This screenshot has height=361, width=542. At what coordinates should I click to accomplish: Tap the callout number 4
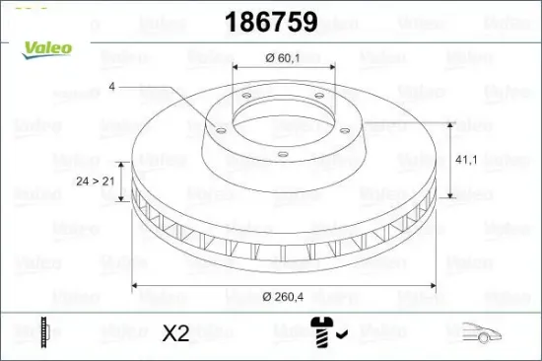[x=112, y=88]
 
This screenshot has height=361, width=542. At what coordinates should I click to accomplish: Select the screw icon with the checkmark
[x=323, y=332]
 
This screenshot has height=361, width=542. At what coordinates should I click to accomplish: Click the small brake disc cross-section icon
[x=42, y=332]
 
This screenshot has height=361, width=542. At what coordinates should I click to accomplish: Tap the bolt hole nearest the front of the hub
[x=281, y=153]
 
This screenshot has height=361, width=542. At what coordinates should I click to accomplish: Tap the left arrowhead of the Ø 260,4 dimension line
[x=136, y=286]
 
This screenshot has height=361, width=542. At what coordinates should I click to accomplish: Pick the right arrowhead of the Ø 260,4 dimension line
[x=436, y=286]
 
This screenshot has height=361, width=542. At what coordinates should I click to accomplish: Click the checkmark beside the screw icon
[x=340, y=335]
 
